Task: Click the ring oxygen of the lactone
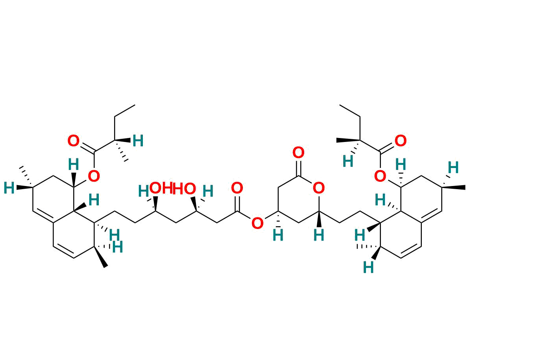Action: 319,188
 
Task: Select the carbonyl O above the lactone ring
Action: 298,153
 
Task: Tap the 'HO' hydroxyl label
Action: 184,189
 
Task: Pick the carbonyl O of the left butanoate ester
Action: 74,141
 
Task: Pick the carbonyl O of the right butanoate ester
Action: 401,141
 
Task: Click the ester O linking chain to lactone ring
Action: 257,223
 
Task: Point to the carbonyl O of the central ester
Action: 237,188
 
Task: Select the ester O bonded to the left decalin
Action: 94,176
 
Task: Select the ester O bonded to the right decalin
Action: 380,176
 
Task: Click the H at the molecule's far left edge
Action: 9,188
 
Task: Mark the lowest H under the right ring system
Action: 368,267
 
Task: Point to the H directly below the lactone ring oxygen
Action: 319,236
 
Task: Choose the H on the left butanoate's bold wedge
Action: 138,141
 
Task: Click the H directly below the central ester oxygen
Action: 278,236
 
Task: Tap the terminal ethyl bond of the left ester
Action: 125,111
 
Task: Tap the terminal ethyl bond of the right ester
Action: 350,111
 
